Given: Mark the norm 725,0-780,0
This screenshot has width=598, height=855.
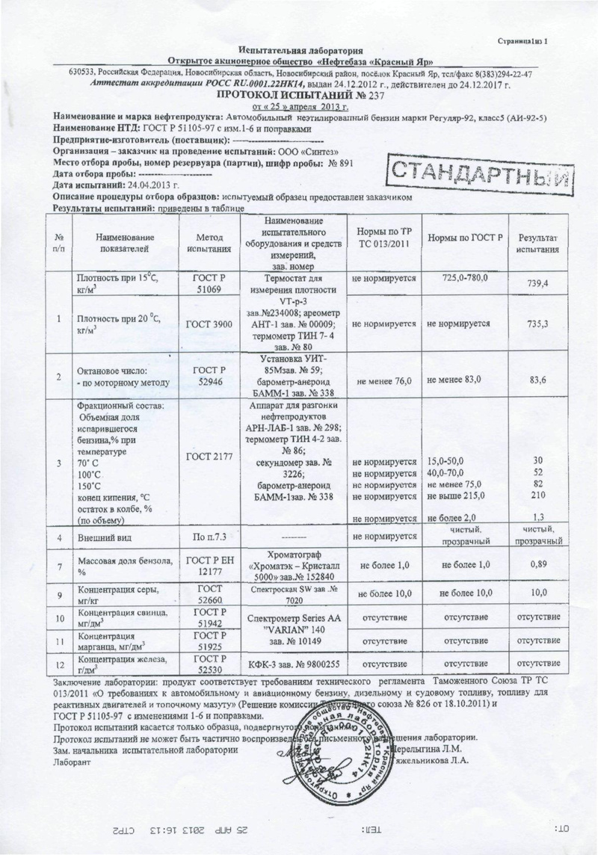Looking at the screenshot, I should [x=464, y=278].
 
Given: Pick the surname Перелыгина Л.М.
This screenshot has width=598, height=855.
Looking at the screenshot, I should [x=426, y=748].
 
